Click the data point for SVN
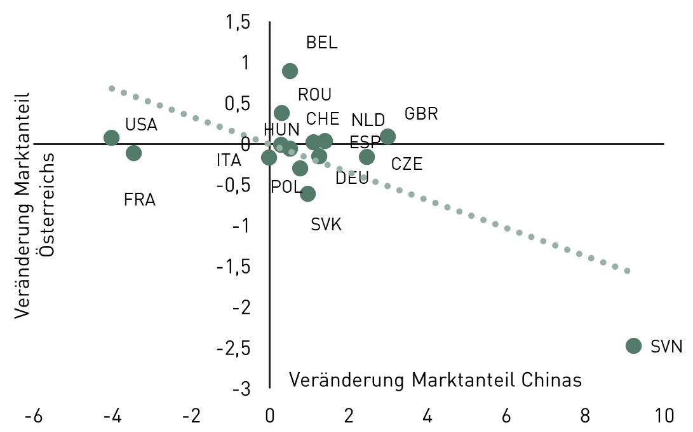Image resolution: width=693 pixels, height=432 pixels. click(x=633, y=345)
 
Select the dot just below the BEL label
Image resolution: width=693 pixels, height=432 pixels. click(x=290, y=71)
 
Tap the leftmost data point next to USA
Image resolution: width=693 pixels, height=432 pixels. click(x=112, y=138)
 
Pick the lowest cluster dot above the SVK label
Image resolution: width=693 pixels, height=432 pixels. click(x=308, y=194)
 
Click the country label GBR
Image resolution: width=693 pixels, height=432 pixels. click(x=421, y=115)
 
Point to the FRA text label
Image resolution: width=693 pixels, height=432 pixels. click(x=140, y=200)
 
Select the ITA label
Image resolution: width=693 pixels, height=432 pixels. click(x=229, y=160)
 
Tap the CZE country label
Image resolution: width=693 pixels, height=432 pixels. click(x=407, y=164)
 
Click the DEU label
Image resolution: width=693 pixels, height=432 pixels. click(x=352, y=179)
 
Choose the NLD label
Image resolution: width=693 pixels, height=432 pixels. click(x=368, y=120)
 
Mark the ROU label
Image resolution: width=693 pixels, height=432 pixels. click(x=314, y=95)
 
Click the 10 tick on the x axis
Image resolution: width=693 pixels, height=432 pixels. click(x=664, y=417)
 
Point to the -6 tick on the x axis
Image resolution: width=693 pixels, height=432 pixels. click(x=33, y=417)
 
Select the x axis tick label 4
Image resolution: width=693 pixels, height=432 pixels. click(x=427, y=417)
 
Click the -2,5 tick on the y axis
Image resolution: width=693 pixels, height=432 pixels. click(x=233, y=348)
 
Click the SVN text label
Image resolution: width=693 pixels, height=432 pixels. click(x=666, y=347)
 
